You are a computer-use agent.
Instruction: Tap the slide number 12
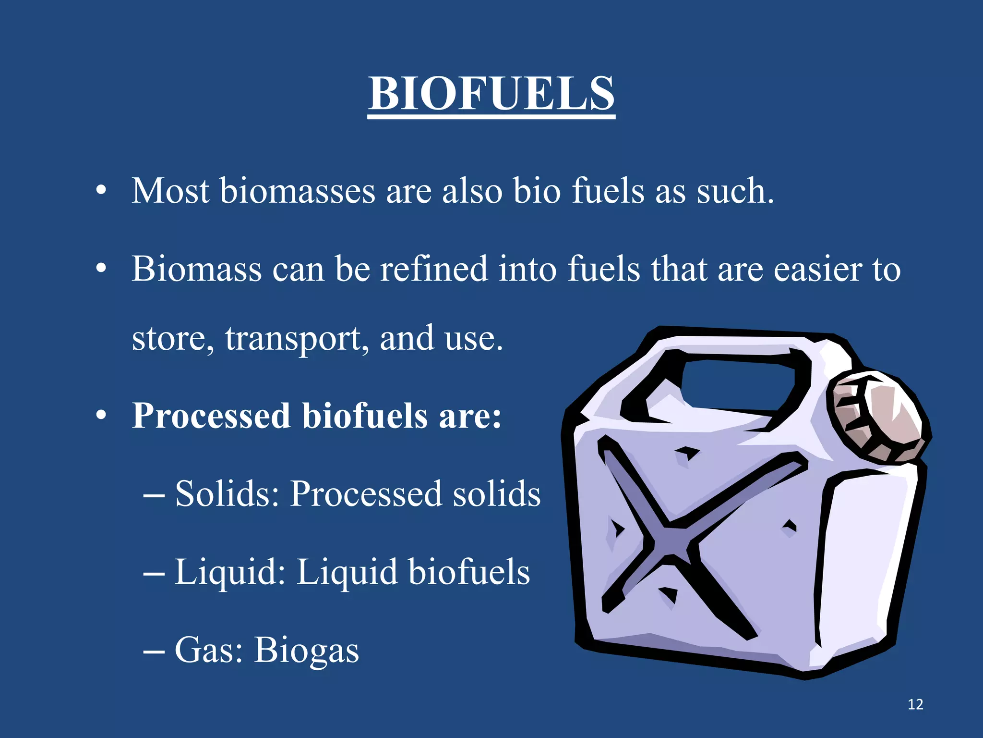(915, 704)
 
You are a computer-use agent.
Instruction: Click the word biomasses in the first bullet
(298, 191)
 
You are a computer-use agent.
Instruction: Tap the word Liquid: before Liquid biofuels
(230, 572)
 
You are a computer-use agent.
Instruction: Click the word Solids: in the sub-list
(227, 494)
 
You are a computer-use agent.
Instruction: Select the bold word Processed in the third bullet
(211, 416)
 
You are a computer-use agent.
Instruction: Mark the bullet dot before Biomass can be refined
(100, 270)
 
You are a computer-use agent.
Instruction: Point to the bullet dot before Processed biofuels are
(100, 416)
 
